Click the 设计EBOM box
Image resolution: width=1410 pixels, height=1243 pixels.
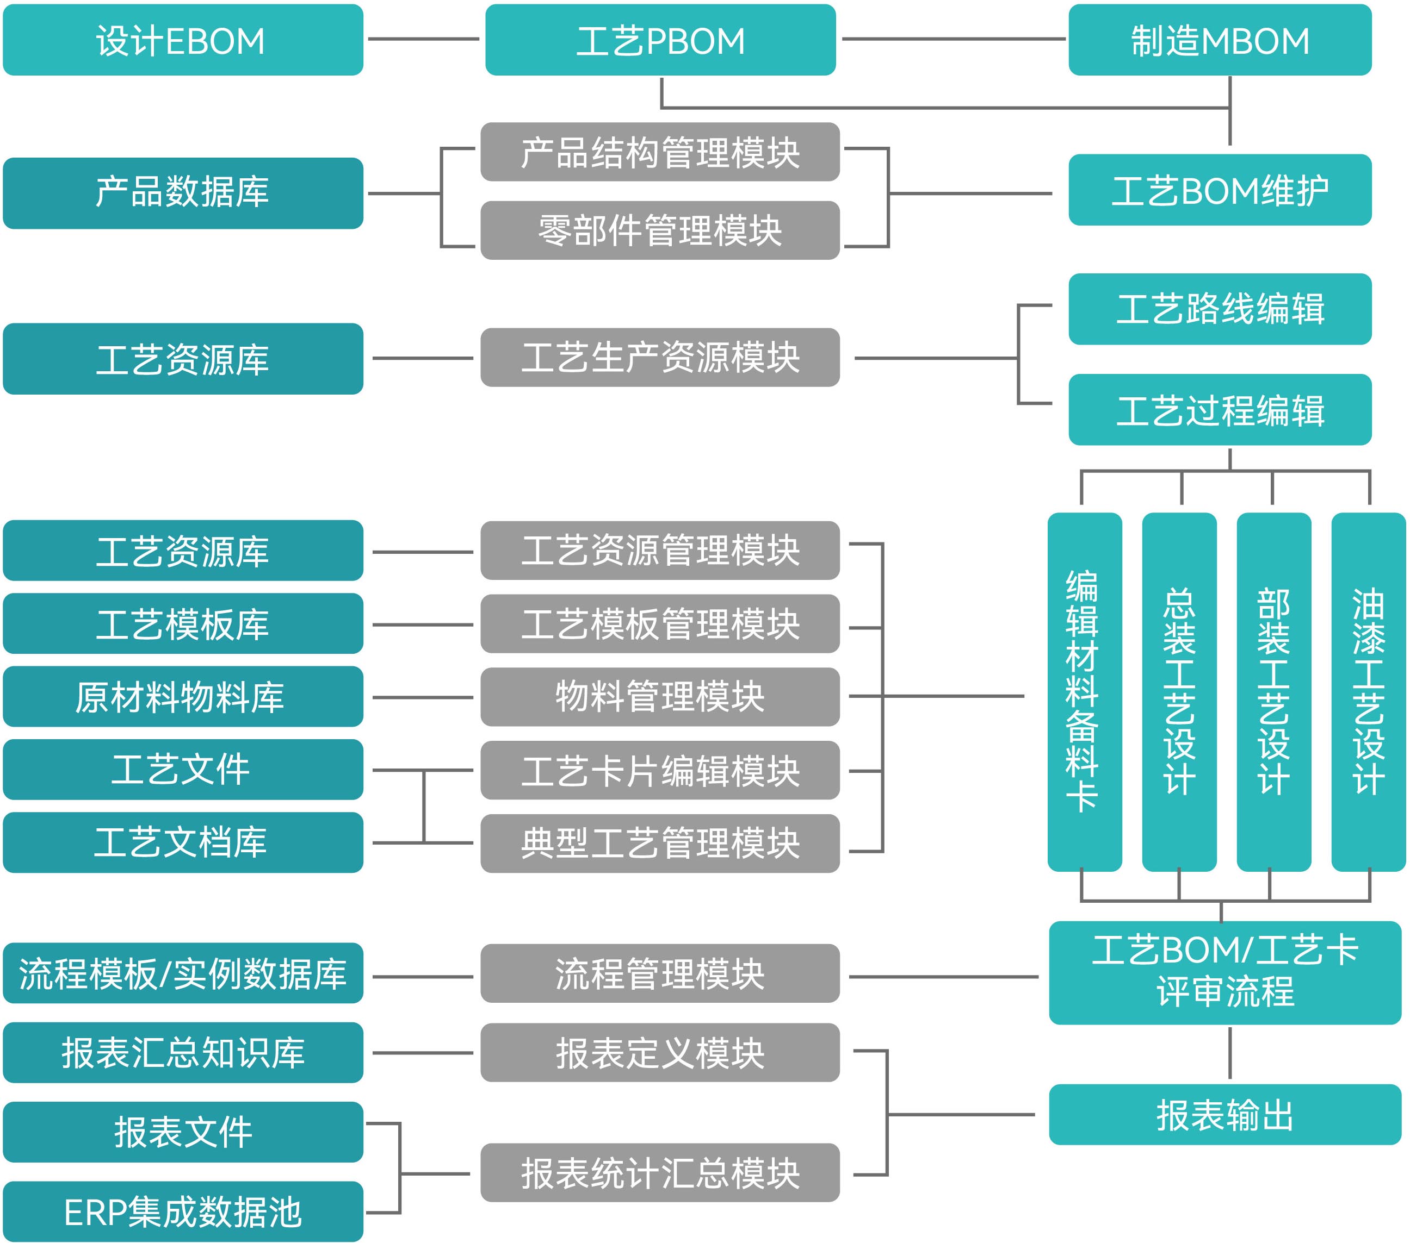click(x=183, y=40)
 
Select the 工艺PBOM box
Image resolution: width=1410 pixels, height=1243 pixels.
click(x=660, y=40)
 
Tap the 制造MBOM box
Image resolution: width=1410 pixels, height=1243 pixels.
click(x=1220, y=40)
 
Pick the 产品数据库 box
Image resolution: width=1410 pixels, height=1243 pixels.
click(x=183, y=193)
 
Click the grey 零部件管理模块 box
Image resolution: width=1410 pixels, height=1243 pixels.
click(x=660, y=230)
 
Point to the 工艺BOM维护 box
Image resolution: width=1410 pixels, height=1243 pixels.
click(x=1220, y=190)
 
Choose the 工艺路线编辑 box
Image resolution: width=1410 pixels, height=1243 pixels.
click(x=1220, y=309)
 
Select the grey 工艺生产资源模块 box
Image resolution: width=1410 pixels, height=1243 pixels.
click(x=660, y=357)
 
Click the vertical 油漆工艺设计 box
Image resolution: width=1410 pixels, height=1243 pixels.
click(x=1368, y=691)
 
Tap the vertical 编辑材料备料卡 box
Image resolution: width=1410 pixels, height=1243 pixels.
click(x=1084, y=691)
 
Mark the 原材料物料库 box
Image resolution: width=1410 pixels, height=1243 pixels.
click(x=183, y=696)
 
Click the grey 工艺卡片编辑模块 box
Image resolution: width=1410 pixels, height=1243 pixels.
click(x=660, y=770)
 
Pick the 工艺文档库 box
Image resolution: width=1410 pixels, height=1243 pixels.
click(x=183, y=842)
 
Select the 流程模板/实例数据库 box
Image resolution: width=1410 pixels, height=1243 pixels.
click(x=183, y=973)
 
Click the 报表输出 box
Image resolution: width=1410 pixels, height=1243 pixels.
click(x=1225, y=1115)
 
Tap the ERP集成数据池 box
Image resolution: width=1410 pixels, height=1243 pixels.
click(x=183, y=1211)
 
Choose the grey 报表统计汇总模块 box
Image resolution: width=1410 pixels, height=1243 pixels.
click(x=660, y=1173)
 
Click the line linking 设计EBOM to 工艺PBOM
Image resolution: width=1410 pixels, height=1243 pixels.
click(x=424, y=39)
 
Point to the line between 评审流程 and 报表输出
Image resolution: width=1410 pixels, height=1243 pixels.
click(x=1230, y=1053)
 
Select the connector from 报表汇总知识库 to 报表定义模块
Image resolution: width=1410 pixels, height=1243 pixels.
click(x=422, y=1053)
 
